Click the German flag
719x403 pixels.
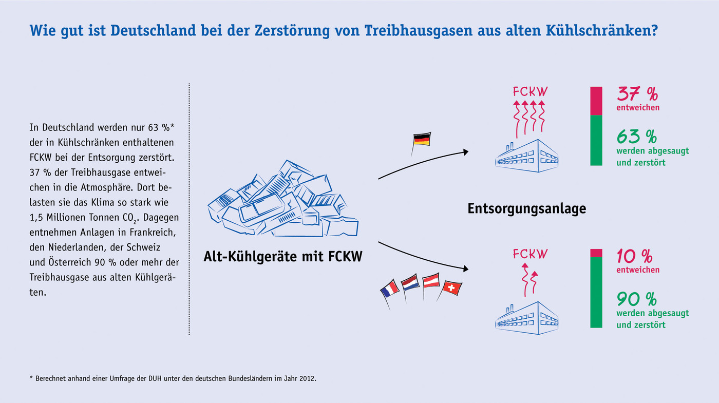[422, 140]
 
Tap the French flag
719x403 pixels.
[390, 288]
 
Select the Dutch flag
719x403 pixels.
[410, 282]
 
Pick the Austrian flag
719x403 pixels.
[431, 280]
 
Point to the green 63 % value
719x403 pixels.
[637, 137]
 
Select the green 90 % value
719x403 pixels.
[637, 299]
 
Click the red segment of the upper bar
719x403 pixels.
[596, 101]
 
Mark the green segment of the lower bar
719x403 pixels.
[596, 292]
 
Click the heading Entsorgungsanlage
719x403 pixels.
[527, 208]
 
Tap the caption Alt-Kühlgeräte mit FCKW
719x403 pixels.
[283, 256]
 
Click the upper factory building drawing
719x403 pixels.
[527, 156]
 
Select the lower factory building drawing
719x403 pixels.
[527, 318]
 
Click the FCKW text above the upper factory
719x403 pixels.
[530, 92]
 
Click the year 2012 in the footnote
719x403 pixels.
[307, 379]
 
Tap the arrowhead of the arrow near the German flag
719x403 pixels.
[465, 152]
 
